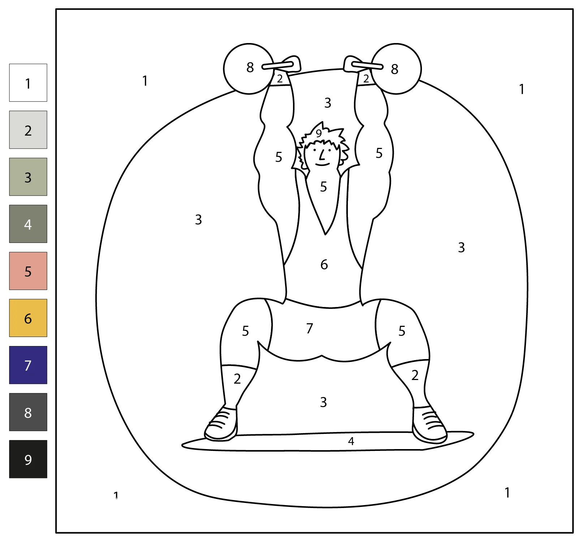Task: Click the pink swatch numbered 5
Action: (28, 271)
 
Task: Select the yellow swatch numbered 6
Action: (28, 318)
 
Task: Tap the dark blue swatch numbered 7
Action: (28, 365)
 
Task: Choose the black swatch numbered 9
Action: (28, 459)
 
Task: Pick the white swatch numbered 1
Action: (28, 83)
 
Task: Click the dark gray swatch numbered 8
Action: (28, 412)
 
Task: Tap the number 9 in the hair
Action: (319, 134)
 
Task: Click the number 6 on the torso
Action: (324, 265)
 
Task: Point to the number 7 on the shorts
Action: (310, 328)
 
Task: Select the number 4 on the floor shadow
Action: (351, 441)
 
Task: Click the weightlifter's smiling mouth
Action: (323, 164)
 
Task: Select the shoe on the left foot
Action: (221, 424)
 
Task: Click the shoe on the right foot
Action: (429, 425)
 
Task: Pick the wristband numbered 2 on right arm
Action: (366, 78)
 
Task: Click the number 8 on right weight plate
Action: (395, 69)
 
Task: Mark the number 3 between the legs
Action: (323, 402)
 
